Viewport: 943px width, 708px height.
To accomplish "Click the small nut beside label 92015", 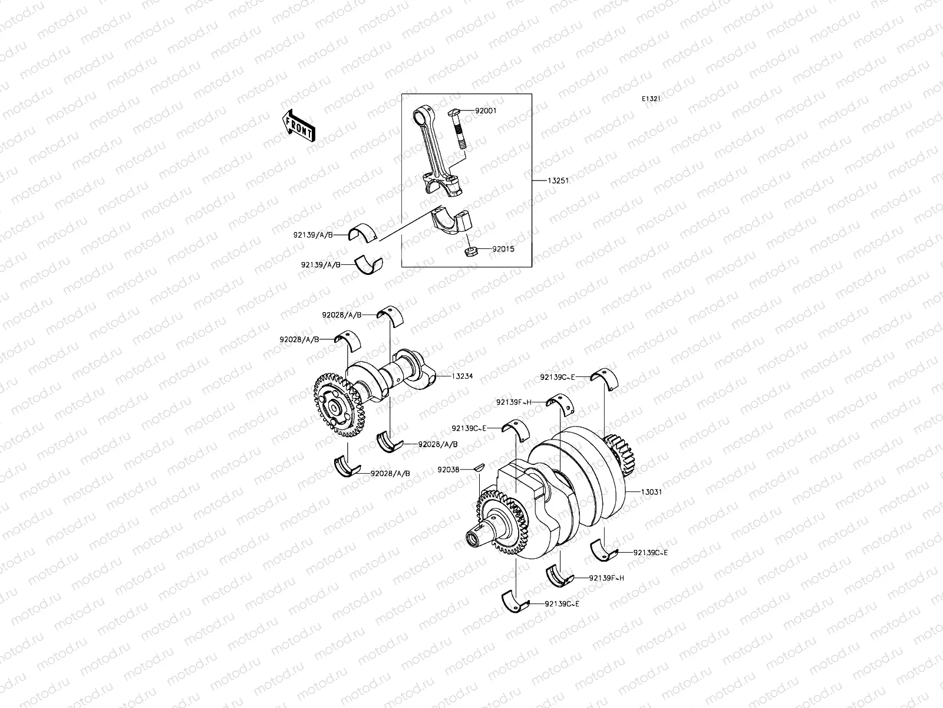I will (470, 253).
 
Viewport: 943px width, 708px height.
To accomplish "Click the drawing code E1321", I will (651, 99).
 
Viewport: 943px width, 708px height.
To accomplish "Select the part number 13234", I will (462, 376).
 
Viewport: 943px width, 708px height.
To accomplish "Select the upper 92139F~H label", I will (513, 402).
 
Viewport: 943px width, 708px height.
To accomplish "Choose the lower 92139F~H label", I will (606, 578).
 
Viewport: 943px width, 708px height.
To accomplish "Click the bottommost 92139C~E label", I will (562, 604).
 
